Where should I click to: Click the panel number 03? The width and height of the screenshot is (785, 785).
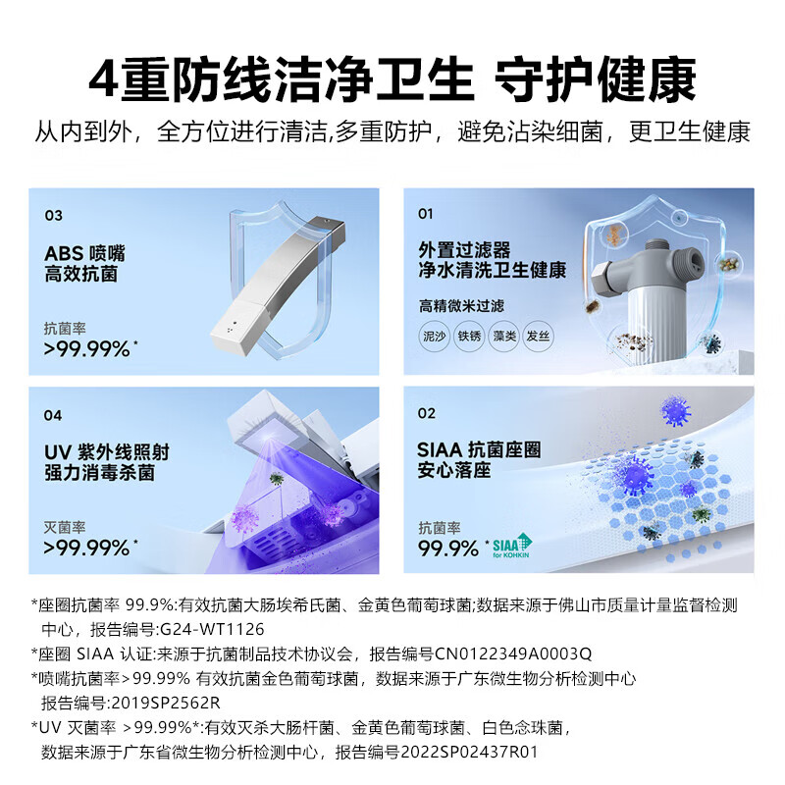pyautogui.click(x=54, y=216)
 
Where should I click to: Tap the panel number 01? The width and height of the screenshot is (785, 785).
pyautogui.click(x=425, y=214)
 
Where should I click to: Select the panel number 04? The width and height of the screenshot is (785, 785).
pyautogui.click(x=53, y=415)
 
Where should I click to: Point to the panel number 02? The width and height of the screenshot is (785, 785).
pyautogui.click(x=427, y=413)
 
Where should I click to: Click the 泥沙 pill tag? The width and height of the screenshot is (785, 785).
pyautogui.click(x=434, y=336)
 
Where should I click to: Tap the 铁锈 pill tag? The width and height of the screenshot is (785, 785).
pyautogui.click(x=469, y=336)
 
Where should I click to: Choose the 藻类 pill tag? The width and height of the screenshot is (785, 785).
pyautogui.click(x=503, y=336)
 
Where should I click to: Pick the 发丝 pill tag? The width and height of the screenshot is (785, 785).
pyautogui.click(x=538, y=336)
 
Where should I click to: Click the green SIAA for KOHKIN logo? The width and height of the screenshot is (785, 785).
pyautogui.click(x=511, y=546)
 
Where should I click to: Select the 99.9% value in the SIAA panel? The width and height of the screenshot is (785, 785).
pyautogui.click(x=448, y=549)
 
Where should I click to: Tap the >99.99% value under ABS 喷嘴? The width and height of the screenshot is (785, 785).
pyautogui.click(x=86, y=349)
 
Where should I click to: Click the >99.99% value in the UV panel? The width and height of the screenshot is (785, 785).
pyautogui.click(x=86, y=549)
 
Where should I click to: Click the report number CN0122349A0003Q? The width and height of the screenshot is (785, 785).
pyautogui.click(x=513, y=654)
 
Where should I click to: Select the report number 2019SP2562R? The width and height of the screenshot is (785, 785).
pyautogui.click(x=166, y=703)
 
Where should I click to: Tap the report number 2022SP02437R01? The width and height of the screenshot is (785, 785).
pyautogui.click(x=469, y=752)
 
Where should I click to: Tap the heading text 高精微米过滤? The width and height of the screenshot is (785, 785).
pyautogui.click(x=461, y=306)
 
